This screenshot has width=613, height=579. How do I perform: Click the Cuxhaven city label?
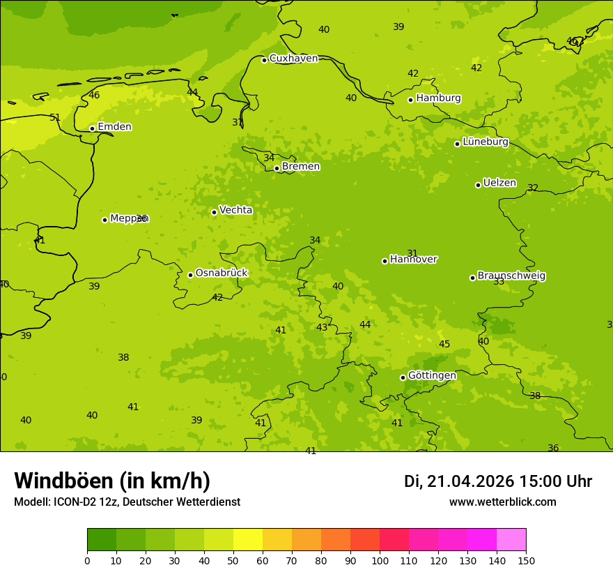click(293, 59)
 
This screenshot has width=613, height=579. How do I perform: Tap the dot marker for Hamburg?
click(411, 100)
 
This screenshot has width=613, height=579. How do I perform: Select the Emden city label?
click(114, 127)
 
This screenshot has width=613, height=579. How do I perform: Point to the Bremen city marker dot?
click(277, 168)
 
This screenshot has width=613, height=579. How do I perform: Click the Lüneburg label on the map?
click(486, 142)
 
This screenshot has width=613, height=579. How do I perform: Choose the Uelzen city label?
click(499, 183)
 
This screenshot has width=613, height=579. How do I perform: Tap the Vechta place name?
click(235, 210)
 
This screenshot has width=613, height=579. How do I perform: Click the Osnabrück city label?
click(221, 273)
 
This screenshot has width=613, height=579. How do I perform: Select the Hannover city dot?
click(385, 261)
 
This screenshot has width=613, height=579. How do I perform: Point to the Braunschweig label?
click(511, 276)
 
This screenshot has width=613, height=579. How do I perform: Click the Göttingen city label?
click(432, 376)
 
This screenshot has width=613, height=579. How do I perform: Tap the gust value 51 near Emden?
click(55, 118)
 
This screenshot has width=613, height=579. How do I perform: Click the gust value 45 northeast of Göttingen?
click(444, 345)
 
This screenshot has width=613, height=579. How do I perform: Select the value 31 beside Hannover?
click(412, 254)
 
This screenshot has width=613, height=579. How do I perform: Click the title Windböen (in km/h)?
click(112, 481)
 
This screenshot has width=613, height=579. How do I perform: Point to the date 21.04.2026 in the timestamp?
click(470, 482)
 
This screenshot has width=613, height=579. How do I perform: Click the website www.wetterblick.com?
click(502, 502)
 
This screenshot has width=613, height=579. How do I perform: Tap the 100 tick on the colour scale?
click(380, 560)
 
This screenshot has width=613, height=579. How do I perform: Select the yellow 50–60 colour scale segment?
click(248, 540)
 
